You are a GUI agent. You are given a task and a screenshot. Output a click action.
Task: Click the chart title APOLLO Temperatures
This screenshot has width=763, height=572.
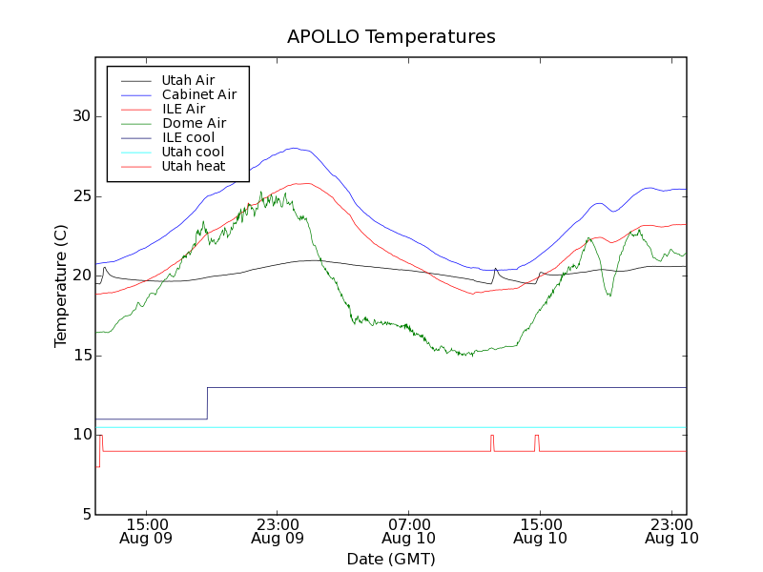[x=391, y=37]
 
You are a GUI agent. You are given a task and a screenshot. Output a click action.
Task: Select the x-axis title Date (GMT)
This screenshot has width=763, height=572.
[x=391, y=559]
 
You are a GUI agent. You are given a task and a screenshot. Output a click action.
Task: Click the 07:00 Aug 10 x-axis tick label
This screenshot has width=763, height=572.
[x=408, y=531]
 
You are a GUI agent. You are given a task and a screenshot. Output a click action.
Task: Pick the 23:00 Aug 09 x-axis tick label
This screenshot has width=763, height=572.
[x=277, y=531]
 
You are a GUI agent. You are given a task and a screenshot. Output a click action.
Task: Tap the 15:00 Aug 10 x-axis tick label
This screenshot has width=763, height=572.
[x=540, y=531]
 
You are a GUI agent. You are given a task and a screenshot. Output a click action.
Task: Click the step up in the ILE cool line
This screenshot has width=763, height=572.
[x=207, y=403]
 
